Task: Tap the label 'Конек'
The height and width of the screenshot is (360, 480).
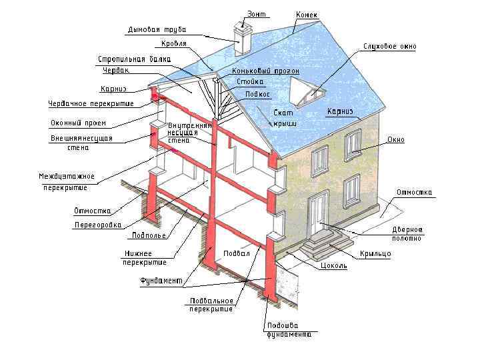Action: (x=306, y=15)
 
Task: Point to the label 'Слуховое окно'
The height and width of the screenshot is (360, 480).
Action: (x=389, y=47)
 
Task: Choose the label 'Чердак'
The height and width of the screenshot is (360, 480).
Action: (x=115, y=70)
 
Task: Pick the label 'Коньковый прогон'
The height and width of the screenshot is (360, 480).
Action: (x=265, y=71)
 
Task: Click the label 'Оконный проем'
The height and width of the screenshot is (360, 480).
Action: (x=78, y=123)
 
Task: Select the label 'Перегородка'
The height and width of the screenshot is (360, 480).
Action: (x=98, y=225)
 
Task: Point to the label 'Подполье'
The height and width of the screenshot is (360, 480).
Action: (x=147, y=235)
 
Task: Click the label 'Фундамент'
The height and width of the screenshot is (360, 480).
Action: (x=161, y=281)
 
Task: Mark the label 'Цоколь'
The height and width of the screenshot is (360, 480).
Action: (x=333, y=265)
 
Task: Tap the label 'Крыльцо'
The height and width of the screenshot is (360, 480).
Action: (x=375, y=254)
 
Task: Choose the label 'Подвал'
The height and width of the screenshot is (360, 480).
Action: (x=237, y=253)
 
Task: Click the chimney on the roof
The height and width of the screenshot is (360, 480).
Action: (x=241, y=41)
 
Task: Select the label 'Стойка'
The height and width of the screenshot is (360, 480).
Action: (x=249, y=82)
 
